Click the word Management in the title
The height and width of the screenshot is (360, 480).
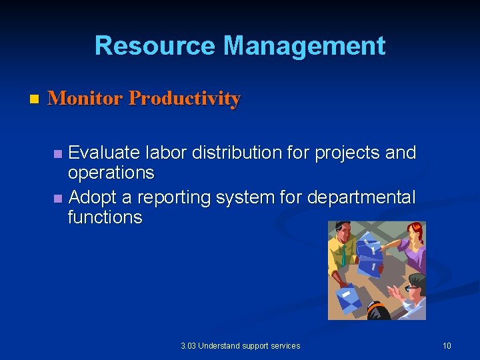coord(304,46)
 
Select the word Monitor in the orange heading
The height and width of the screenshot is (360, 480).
coord(85,99)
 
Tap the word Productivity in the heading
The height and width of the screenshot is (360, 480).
coord(184,99)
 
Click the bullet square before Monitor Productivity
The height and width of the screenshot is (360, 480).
coord(35,99)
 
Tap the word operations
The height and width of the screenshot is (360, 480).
coord(111,173)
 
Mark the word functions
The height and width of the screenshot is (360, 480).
coord(105,217)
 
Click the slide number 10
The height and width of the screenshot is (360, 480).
coord(447,345)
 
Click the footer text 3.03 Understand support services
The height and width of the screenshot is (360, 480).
coord(240,345)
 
